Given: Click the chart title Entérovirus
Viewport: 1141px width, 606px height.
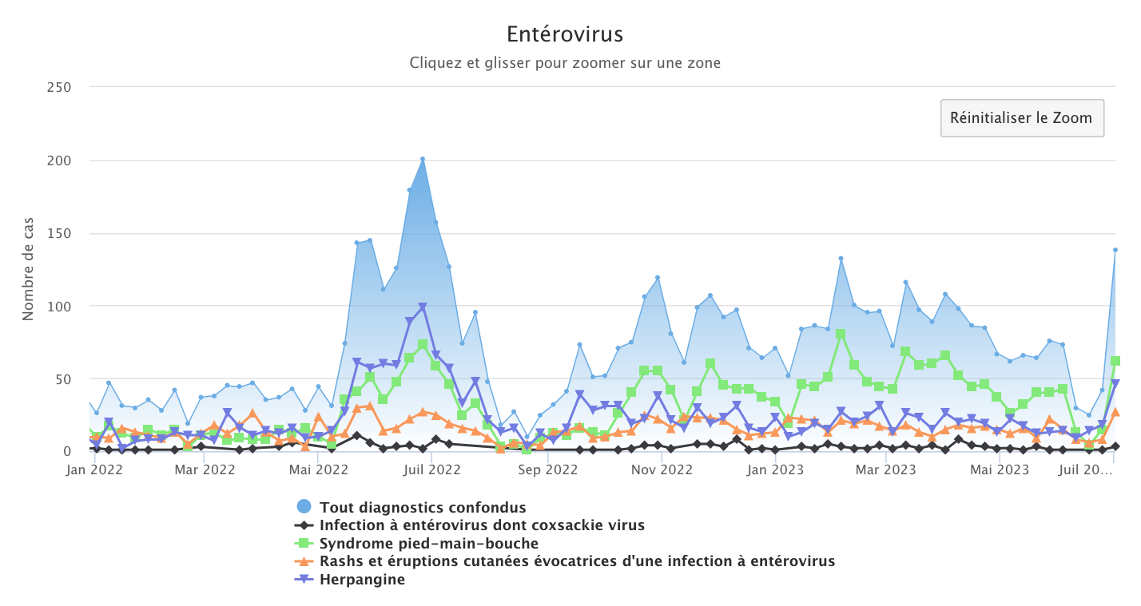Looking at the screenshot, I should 565,35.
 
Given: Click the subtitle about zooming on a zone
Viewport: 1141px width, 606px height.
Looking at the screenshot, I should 565,62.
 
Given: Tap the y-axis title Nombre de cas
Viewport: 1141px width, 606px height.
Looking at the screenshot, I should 28,272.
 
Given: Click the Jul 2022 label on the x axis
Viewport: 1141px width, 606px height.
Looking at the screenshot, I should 431,470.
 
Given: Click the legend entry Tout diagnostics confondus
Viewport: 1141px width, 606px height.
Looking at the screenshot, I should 423,507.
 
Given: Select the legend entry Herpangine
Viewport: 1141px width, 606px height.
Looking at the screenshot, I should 362,580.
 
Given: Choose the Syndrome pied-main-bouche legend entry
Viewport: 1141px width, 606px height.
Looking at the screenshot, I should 428,544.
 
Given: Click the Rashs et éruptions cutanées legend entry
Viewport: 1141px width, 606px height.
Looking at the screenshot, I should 577,561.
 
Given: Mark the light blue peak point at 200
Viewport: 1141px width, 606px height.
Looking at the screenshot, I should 423,159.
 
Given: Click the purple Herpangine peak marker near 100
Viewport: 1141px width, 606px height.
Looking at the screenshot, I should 423,307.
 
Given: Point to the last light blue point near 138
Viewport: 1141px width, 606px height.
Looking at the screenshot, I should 1115,250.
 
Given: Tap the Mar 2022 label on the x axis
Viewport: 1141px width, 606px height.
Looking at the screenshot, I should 205,470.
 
